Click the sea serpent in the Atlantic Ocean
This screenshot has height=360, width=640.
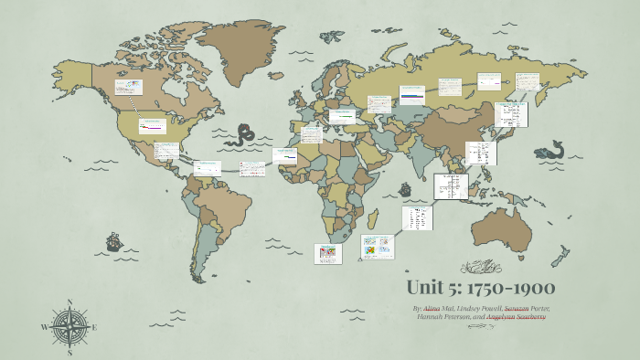242,136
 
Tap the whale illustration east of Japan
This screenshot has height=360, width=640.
549,149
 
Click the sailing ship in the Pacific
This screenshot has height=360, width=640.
114,242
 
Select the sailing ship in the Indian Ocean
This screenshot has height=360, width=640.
405,190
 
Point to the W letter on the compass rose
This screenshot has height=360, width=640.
44,326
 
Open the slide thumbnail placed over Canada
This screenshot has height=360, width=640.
128,88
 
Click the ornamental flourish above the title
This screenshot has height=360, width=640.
480,266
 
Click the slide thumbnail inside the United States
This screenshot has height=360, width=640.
150,127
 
